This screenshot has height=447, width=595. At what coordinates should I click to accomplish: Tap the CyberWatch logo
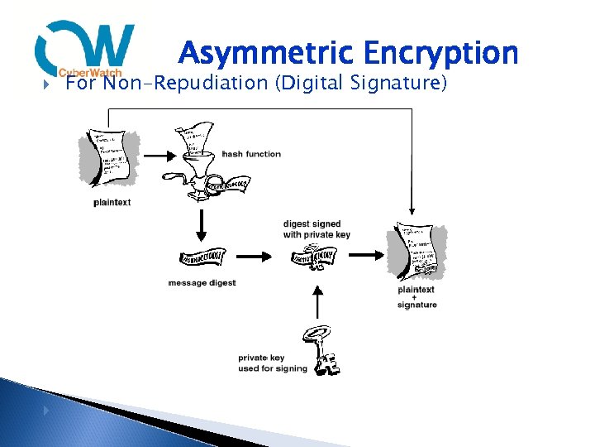[x=85, y=49]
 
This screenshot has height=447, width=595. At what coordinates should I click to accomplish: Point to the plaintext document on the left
[x=110, y=161]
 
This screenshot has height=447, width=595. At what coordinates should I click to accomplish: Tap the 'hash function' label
[x=251, y=154]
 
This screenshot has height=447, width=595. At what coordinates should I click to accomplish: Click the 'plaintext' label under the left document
[x=112, y=202]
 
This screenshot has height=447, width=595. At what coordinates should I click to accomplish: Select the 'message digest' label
[x=202, y=283]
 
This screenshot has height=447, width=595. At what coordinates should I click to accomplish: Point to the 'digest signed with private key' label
[x=317, y=229]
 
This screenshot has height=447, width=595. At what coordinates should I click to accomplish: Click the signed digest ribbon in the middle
[x=315, y=257]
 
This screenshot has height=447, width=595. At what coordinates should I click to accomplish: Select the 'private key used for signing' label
[x=272, y=363]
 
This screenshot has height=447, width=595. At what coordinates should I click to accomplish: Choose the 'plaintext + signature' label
[x=416, y=297]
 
